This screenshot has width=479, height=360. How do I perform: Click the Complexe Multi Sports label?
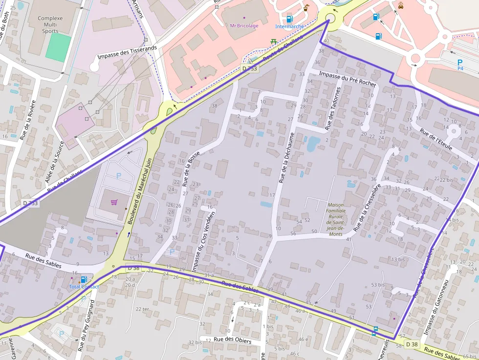(x=50, y=25)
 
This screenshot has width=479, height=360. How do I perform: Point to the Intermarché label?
(x=289, y=26)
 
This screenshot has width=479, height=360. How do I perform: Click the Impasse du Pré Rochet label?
(x=348, y=78)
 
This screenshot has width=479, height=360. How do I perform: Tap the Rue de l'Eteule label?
(x=436, y=139)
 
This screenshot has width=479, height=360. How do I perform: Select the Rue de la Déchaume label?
(x=287, y=157)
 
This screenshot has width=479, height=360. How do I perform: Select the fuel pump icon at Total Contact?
(x=84, y=280)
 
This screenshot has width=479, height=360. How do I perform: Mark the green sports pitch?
(x=58, y=47)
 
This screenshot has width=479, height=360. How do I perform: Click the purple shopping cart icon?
(x=114, y=202)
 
